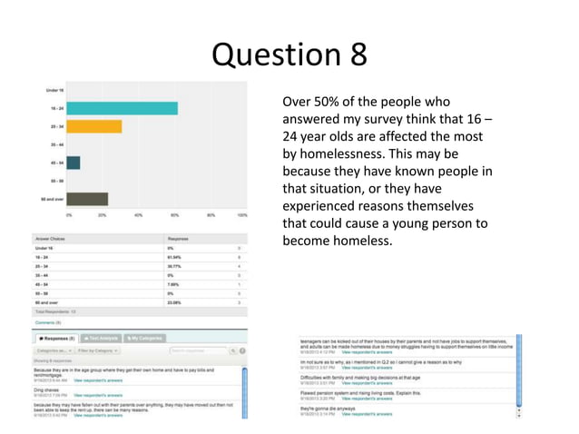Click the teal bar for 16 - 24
tap(123, 108)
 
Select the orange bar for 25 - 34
tap(94, 126)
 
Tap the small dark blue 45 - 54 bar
tap(74, 163)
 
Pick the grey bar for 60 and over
tap(87, 199)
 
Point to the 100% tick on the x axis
tap(242, 215)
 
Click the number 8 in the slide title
tap(358, 54)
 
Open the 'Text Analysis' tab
tap(102, 338)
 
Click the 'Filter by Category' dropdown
tap(98, 350)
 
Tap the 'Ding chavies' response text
tap(46, 389)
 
